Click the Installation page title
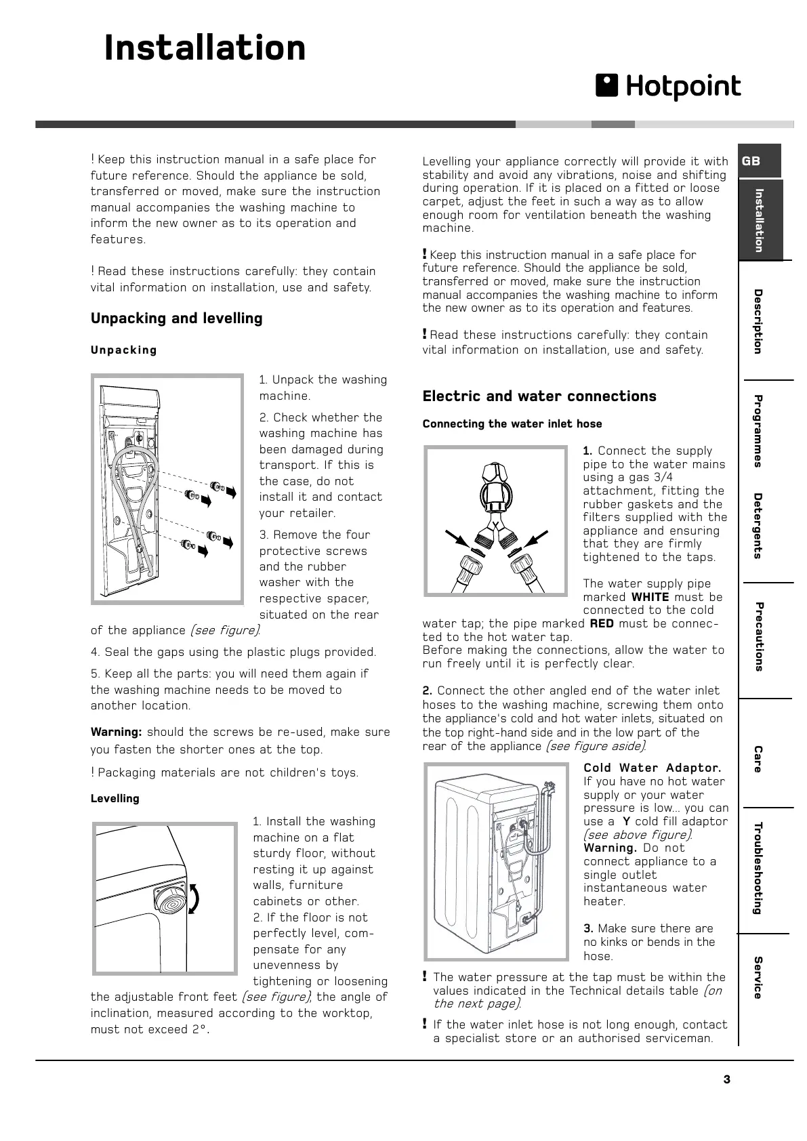[205, 49]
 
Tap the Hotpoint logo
[668, 87]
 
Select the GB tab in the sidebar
[751, 161]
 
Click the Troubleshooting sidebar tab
[758, 867]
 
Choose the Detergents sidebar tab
[758, 526]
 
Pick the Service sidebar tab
[758, 977]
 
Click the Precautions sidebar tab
[758, 636]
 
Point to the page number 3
[727, 1080]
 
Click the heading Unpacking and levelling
[176, 318]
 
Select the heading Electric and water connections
[539, 396]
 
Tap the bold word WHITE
[650, 597]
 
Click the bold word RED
[602, 623]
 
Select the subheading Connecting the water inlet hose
[512, 424]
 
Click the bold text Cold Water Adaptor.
[653, 768]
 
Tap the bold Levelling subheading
[115, 799]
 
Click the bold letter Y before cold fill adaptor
[627, 821]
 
